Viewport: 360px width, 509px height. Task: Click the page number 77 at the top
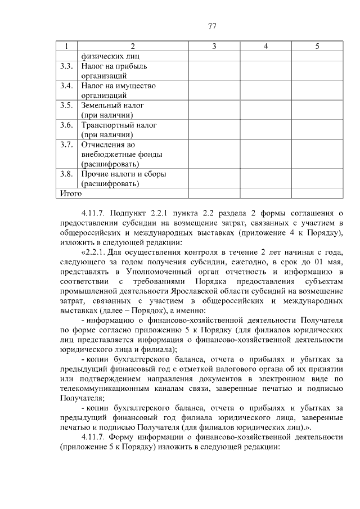(x=212, y=26)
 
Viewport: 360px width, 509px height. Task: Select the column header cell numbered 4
(x=265, y=46)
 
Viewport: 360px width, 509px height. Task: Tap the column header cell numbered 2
(x=133, y=46)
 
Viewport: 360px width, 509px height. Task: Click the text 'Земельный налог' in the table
(x=113, y=105)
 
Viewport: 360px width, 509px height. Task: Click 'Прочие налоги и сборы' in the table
(x=124, y=174)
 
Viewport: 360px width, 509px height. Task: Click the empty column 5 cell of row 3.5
(x=317, y=110)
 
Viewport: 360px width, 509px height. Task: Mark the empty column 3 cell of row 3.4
(x=214, y=91)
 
